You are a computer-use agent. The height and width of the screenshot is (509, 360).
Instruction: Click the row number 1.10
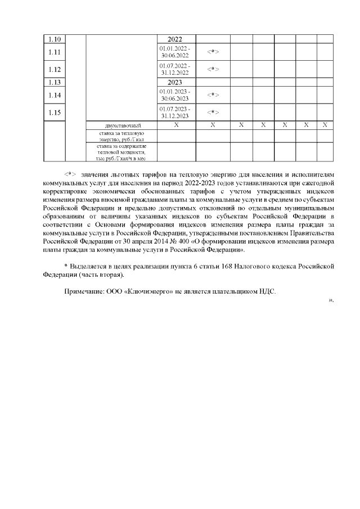click(55, 39)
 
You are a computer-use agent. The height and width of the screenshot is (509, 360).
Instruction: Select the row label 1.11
click(55, 52)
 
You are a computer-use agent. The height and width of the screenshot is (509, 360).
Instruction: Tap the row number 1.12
click(55, 69)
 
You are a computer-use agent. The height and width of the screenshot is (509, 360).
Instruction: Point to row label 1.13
click(55, 82)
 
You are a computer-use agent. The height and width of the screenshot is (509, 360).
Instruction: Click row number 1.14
click(55, 95)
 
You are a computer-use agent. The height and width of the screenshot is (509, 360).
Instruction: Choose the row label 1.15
click(55, 112)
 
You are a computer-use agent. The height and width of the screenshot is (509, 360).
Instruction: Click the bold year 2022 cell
click(175, 39)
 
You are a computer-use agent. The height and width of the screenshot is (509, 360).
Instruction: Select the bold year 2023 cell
click(175, 82)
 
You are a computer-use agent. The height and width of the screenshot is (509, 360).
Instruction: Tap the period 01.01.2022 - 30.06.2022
click(175, 52)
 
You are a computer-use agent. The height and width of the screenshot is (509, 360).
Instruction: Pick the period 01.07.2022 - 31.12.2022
click(175, 69)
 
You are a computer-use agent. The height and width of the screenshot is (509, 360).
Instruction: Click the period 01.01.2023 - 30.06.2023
click(175, 95)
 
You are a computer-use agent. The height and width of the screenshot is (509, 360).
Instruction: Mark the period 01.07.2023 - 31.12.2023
click(175, 112)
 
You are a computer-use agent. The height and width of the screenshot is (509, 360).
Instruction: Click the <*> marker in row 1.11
click(213, 52)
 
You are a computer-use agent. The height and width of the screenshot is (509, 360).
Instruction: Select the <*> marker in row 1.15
click(213, 112)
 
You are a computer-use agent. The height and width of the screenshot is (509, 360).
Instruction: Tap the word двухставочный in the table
click(121, 125)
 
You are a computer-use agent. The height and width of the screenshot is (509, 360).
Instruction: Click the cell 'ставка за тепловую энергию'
click(121, 136)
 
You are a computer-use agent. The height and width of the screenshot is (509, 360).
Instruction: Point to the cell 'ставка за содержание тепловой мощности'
click(121, 152)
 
